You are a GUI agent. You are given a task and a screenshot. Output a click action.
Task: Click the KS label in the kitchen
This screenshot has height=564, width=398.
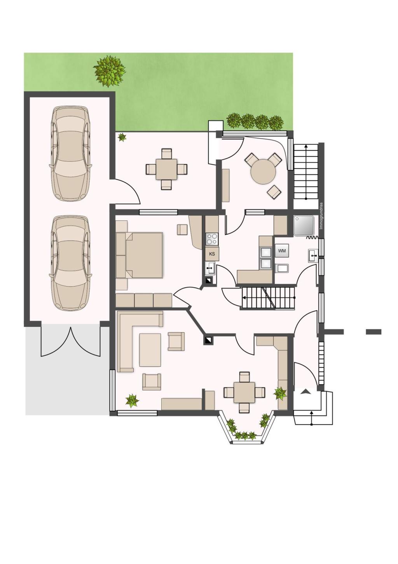point(212,254)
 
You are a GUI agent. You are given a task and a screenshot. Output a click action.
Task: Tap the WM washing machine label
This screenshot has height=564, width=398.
point(281,251)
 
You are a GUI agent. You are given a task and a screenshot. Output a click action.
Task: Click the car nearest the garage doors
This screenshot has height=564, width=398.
point(70,263)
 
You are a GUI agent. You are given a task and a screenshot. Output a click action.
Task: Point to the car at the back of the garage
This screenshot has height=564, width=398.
point(70,153)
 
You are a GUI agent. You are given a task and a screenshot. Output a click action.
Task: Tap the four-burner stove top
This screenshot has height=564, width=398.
point(212,239)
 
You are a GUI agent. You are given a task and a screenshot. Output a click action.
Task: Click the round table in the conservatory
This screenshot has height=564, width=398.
point(263,172)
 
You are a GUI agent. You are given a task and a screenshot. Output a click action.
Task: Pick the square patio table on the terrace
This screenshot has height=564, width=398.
point(166,169)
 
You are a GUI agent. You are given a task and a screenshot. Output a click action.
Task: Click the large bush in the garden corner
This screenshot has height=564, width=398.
point(109,71)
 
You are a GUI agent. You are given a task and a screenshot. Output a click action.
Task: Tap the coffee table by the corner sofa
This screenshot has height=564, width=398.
point(150,350)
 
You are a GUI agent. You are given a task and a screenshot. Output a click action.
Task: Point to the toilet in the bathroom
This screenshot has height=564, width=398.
point(282,268)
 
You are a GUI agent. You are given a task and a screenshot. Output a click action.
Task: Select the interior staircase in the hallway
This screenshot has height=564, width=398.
point(268,298)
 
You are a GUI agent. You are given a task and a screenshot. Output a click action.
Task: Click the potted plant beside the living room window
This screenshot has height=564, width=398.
point(132,401)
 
